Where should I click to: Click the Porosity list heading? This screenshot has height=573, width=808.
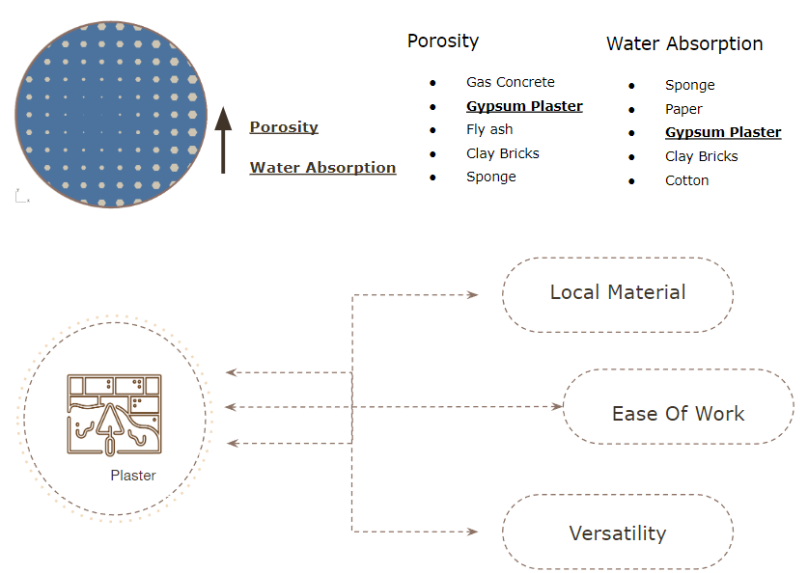coord(443,41)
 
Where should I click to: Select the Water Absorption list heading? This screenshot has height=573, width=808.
coord(684,43)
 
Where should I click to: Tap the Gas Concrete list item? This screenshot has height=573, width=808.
coord(510,82)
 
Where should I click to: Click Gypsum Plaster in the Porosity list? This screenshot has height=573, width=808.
coord(524,106)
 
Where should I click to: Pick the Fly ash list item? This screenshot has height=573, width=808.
coord(489,129)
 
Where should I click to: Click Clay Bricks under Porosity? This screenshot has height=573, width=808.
coord(502,153)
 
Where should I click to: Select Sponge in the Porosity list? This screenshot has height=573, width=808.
coord(491,177)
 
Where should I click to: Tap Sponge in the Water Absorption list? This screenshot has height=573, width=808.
coord(690,86)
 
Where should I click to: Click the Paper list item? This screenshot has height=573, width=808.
coord(683,109)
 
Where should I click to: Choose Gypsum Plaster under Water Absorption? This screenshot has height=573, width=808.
coord(723,132)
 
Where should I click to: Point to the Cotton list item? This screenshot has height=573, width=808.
coord(687,180)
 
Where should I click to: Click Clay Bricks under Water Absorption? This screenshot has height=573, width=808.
coord(702,156)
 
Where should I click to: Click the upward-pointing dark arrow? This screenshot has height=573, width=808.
coord(223,140)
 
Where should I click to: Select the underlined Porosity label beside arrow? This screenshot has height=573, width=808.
coord(284,127)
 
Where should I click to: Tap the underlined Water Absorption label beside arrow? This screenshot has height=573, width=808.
coord(323,168)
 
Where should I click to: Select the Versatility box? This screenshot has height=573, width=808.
coord(618,532)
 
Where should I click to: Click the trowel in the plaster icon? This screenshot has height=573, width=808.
coord(110,427)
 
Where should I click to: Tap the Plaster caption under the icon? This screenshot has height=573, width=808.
coord(133,476)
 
